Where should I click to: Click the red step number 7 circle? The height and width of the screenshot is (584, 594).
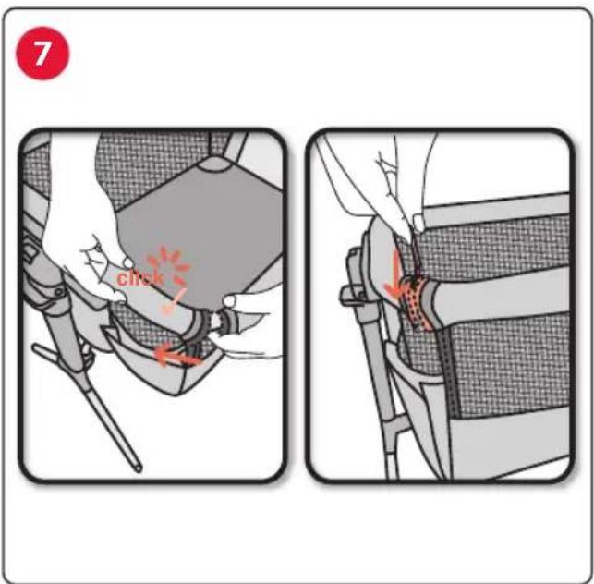pos(42,53)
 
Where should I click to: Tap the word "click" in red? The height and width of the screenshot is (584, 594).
pos(140,278)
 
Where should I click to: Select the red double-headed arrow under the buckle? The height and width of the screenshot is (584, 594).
pos(177,357)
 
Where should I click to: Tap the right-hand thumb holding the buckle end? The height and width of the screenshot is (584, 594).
pos(229,301)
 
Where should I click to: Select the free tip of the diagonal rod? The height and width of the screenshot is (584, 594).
pos(139,468)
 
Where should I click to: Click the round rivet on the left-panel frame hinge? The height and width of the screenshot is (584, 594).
pos(58,292)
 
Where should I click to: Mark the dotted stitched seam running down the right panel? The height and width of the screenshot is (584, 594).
pos(451,371)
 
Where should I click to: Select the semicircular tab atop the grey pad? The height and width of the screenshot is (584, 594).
pos(217,164)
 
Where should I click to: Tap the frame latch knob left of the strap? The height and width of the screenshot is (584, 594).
pos(350,296)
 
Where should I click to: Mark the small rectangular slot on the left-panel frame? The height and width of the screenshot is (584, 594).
pos(31,251)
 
